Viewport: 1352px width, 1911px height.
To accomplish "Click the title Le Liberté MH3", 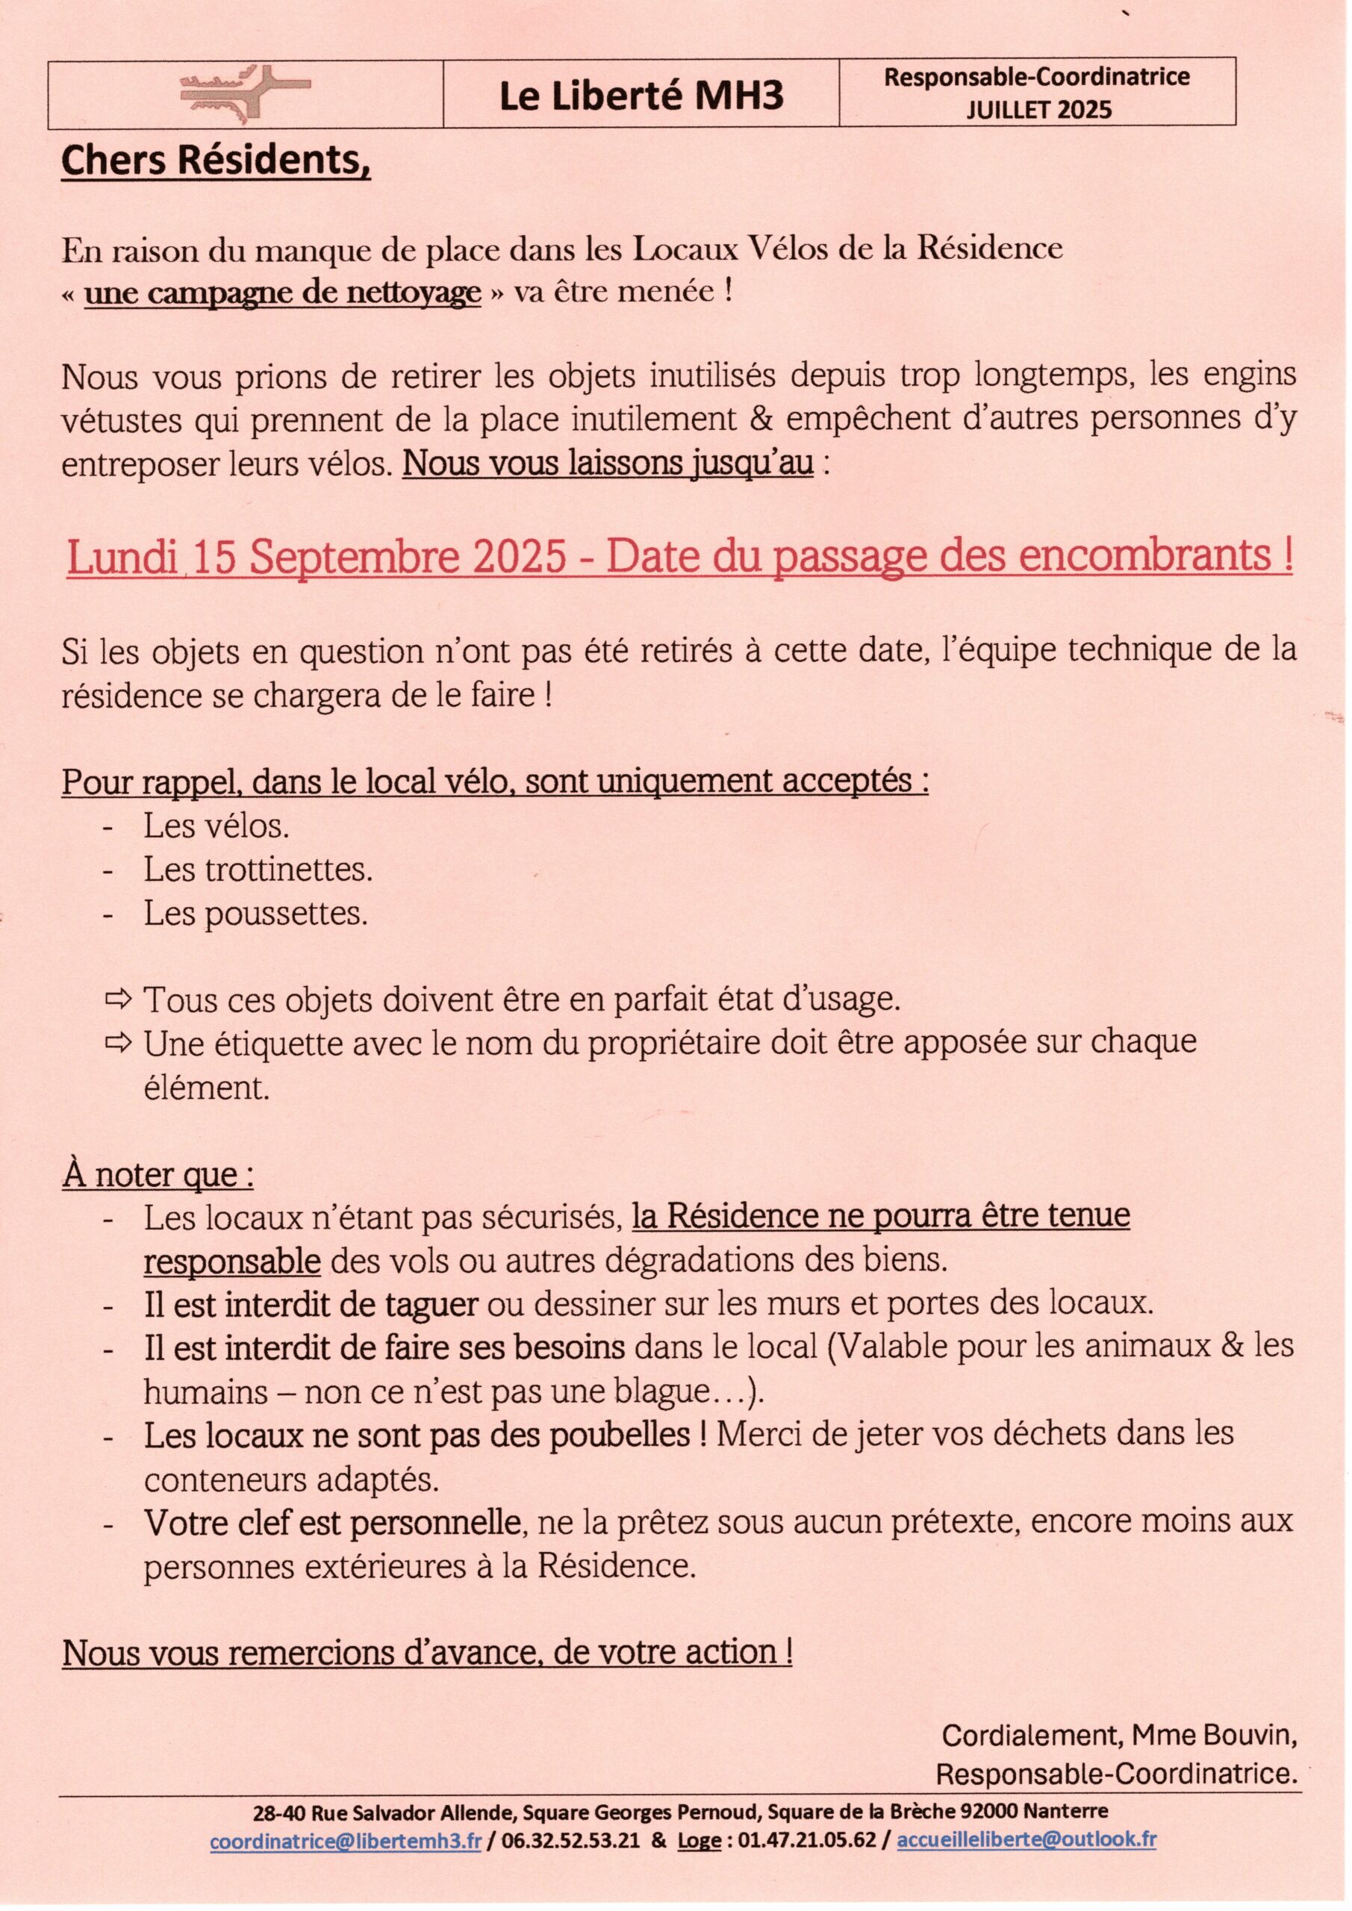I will point(641,96).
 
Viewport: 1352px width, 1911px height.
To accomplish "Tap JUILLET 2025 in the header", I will point(1038,110).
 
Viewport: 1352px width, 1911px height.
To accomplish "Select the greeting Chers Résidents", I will point(216,160).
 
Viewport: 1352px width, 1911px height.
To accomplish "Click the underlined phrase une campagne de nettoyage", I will point(282,292).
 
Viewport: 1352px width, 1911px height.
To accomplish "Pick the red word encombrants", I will point(1144,557).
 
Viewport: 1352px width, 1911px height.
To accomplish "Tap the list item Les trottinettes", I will point(258,870).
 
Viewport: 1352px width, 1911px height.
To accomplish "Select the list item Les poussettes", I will point(255,914).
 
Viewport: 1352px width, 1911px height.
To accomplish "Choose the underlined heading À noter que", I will point(158,1174).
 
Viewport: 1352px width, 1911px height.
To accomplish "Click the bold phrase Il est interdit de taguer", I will point(311,1305).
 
